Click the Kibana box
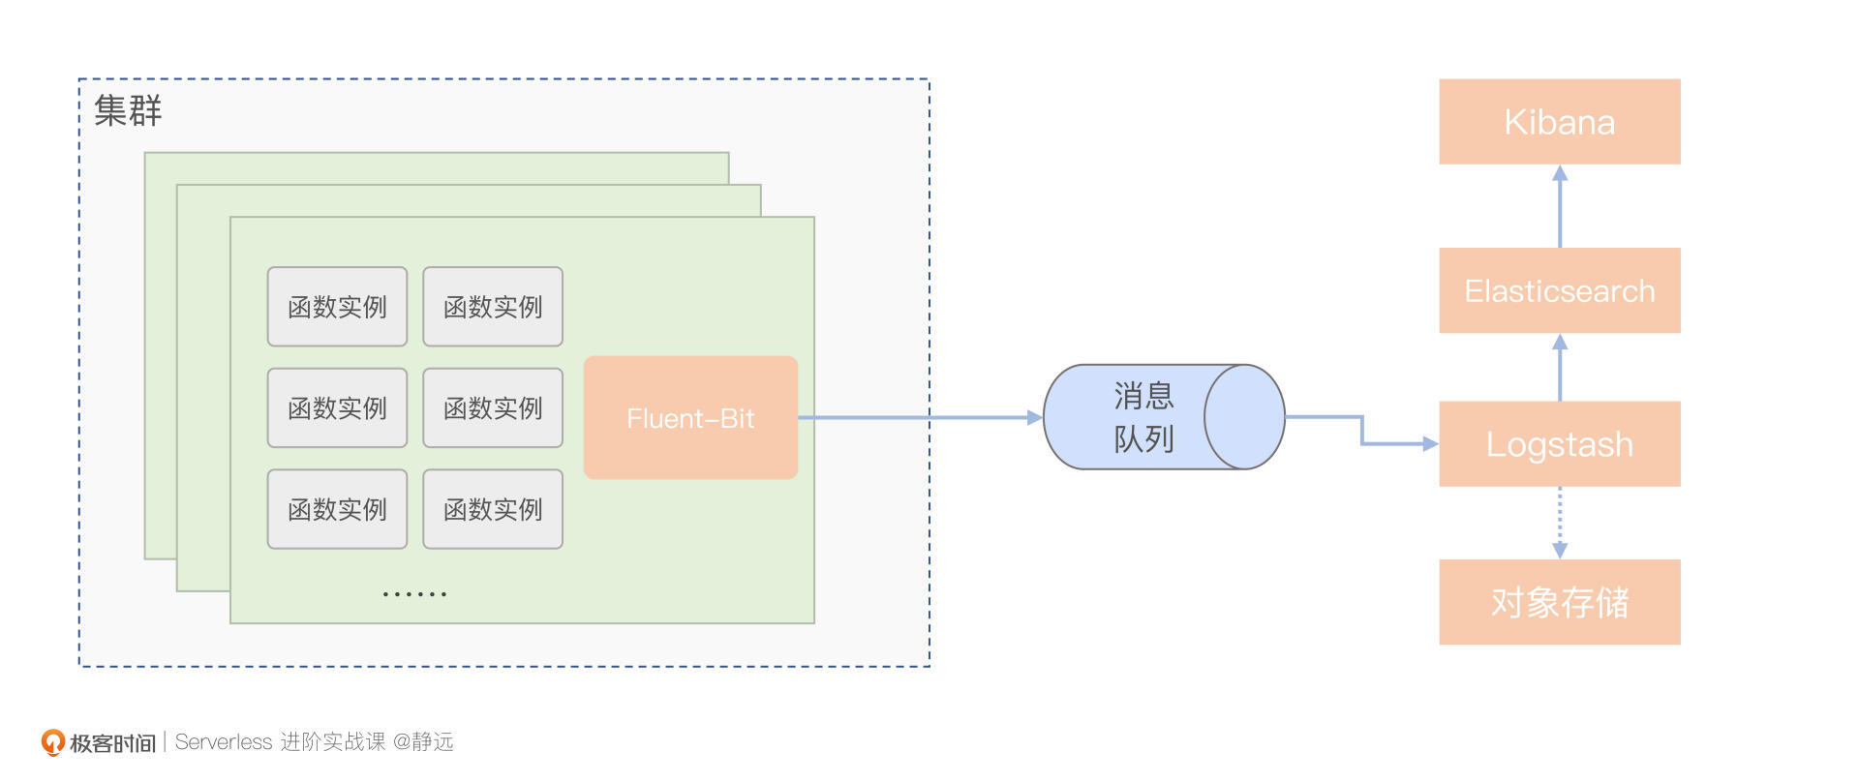pos(1559,122)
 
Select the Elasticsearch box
pos(1559,290)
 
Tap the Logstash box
pos(1559,444)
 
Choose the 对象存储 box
pos(1559,602)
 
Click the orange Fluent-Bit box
pos(690,418)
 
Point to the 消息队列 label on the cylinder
pos(1143,417)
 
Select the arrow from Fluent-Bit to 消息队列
pos(920,418)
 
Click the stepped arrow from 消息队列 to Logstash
pos(1362,431)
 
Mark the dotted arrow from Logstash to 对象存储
pos(1559,523)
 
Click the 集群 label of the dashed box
pos(128,110)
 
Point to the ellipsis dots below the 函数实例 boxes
pos(414,593)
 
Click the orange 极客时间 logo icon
pos(52,742)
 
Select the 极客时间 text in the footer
pos(112,743)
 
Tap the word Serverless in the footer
pos(224,742)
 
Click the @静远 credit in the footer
pos(423,742)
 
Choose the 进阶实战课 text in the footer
pos(332,742)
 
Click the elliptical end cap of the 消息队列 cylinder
pos(1244,417)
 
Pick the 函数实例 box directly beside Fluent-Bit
pos(493,407)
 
